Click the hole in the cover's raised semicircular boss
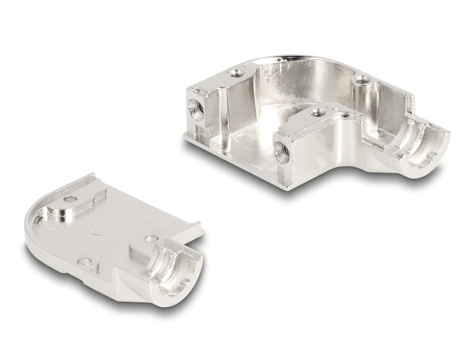click(x=69, y=200)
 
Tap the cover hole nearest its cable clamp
click(x=148, y=239)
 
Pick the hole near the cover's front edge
click(x=84, y=261)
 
